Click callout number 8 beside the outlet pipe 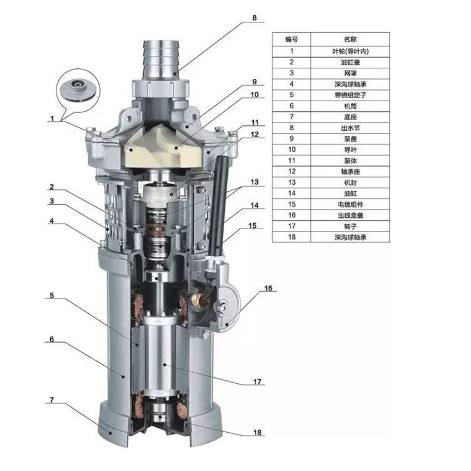coord(254,18)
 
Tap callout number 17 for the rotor coord(257,382)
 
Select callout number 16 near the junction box coord(268,288)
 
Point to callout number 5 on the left coord(52,296)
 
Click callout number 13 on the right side coord(254,182)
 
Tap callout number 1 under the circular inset coord(52,119)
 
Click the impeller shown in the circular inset coord(78,90)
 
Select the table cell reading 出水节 coord(350,128)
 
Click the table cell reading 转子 coord(350,226)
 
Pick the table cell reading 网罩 coord(350,73)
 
